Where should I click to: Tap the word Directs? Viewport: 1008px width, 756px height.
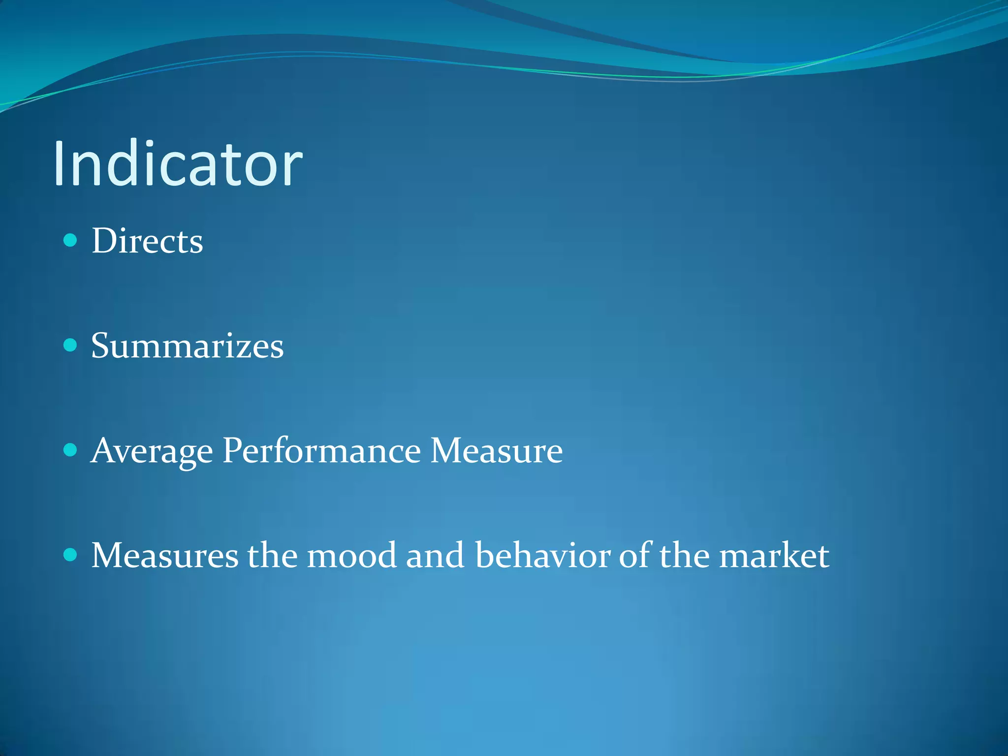pos(147,241)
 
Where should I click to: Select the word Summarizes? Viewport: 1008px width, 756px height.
pos(187,346)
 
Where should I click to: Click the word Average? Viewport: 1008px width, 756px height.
pos(152,450)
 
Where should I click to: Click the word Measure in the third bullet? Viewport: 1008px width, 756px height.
pos(496,450)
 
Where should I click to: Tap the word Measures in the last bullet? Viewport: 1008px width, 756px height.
pos(165,555)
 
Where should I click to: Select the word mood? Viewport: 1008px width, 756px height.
pos(351,555)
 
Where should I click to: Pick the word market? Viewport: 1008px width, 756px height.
pos(774,555)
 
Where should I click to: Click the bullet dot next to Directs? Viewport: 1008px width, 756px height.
pos(71,240)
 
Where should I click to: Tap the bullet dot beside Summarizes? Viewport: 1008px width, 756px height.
pos(71,345)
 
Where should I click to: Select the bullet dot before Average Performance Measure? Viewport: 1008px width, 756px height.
pos(71,450)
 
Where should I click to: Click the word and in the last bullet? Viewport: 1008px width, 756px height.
pos(435,555)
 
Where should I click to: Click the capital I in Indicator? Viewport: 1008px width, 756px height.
pos(60,163)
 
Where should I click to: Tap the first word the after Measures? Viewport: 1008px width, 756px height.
pos(272,555)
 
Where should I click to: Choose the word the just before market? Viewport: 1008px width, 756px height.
pos(684,555)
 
